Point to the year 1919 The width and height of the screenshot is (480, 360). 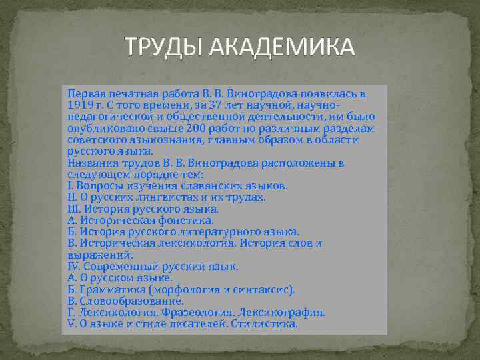coord(80,105)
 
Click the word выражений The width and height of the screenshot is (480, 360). coord(100,255)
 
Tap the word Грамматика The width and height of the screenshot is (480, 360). coord(111,289)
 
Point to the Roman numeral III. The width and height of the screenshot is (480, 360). coord(74,209)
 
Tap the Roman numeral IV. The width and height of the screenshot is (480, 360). coord(73,266)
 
